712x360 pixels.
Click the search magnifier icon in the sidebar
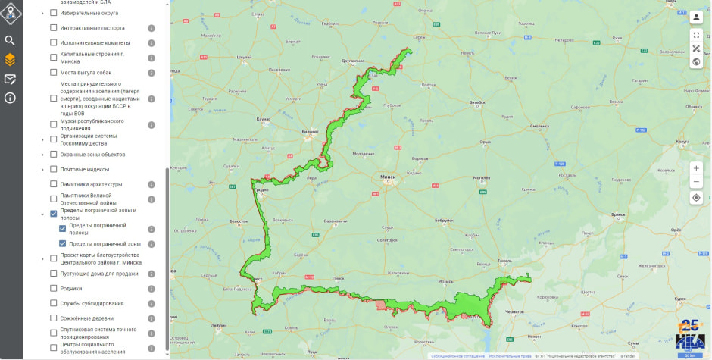point(10,40)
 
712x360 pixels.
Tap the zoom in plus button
point(696,167)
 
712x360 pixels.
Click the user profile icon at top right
point(696,17)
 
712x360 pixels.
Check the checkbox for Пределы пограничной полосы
point(63,229)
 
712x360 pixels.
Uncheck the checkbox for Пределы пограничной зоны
point(63,244)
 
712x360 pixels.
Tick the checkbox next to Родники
point(54,288)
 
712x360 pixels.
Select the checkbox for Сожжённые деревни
point(54,318)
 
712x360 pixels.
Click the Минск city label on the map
point(387,179)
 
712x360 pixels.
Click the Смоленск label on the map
point(539,125)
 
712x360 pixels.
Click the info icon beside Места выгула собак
point(151,73)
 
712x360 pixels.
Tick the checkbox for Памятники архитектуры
point(54,184)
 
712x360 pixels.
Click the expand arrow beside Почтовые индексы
point(42,169)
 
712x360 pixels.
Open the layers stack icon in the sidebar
point(10,59)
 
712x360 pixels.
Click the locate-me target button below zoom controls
point(696,198)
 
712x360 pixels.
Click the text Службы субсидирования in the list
point(92,303)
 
